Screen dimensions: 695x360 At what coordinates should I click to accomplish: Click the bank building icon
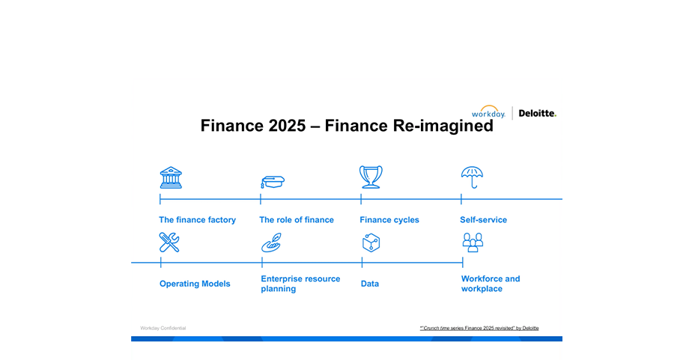coord(171,177)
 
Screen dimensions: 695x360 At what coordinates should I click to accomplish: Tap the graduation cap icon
coord(272,182)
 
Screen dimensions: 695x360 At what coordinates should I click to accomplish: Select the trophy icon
coord(371,177)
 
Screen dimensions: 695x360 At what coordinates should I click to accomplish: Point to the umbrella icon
coord(472,177)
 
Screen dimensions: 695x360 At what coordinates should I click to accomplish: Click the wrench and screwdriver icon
coord(169,242)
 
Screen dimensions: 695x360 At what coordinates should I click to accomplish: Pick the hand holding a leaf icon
coord(271,242)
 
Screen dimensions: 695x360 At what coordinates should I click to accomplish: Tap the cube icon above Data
coord(371,242)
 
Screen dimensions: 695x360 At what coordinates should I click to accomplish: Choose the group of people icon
coord(473,242)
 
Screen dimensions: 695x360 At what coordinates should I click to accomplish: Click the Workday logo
coord(488,112)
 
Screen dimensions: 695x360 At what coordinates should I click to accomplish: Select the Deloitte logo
coord(537,113)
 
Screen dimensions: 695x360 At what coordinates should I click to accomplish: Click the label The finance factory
coord(197,219)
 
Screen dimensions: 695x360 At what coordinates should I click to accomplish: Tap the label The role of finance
coord(297,219)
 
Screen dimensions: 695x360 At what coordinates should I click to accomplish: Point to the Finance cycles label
coord(389,220)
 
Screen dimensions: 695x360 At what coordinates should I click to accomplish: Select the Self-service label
coord(483,219)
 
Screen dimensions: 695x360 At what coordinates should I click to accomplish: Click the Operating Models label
coord(195,284)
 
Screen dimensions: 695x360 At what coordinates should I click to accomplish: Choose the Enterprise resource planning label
coord(300,284)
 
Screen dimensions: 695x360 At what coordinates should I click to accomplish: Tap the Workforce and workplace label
coord(491,284)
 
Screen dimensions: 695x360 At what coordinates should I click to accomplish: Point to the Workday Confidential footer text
coord(163,328)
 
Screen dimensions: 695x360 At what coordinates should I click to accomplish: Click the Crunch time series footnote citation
coord(479,328)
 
